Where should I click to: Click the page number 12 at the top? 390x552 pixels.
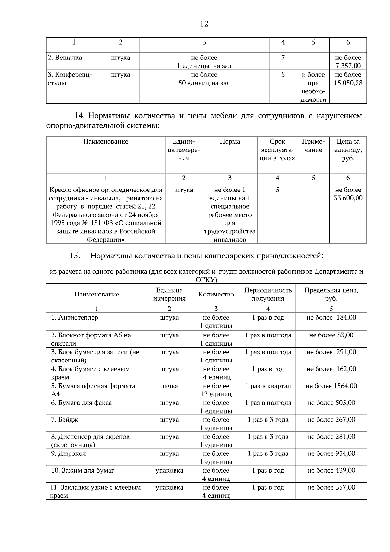tap(204, 24)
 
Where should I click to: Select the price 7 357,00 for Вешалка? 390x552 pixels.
tap(348, 66)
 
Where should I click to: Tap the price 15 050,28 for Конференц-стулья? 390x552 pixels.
tap(348, 83)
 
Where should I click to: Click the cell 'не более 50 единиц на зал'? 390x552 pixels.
tap(204, 79)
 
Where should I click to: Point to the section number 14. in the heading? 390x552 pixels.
tap(80, 116)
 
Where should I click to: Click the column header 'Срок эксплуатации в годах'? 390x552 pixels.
tap(277, 150)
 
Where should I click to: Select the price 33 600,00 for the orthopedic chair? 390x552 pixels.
tap(348, 198)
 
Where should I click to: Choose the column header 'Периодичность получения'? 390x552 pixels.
tap(268, 294)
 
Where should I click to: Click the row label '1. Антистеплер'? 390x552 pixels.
tap(74, 318)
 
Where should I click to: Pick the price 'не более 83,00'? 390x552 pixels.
tap(331, 335)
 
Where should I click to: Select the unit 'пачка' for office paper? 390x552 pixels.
tap(169, 386)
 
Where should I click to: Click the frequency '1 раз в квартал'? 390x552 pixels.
tap(268, 386)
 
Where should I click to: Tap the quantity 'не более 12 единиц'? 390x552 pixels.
tap(216, 390)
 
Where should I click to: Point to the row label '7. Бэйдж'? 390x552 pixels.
tap(65, 420)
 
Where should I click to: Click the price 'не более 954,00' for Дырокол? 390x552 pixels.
tap(331, 453)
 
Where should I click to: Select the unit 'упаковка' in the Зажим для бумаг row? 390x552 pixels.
tap(169, 470)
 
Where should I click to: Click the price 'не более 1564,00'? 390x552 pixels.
tap(331, 386)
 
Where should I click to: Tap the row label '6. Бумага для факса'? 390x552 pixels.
tap(81, 403)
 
